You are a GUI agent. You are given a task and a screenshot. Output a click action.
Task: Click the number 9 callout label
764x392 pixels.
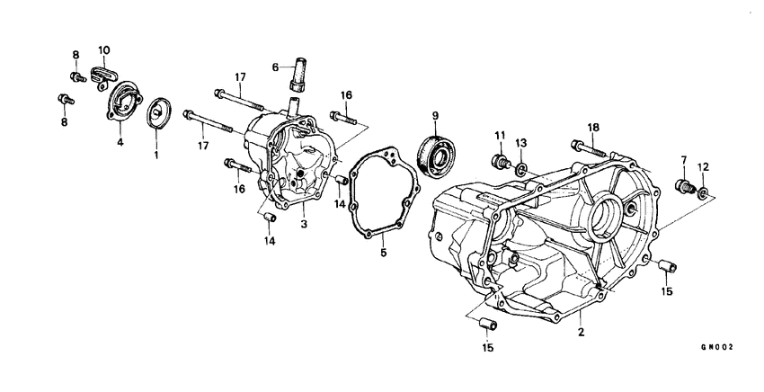pyautogui.click(x=435, y=115)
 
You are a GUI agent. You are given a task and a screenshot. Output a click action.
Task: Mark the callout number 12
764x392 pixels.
pyautogui.click(x=704, y=166)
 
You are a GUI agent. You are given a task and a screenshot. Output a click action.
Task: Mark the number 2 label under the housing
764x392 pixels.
pyautogui.click(x=581, y=332)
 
